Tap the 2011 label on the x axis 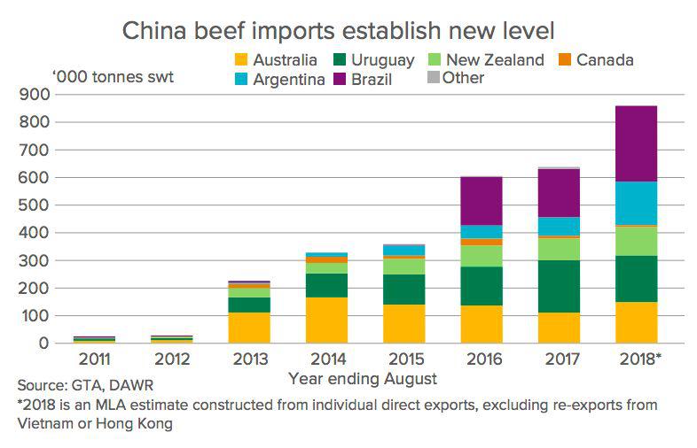[x=95, y=360]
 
